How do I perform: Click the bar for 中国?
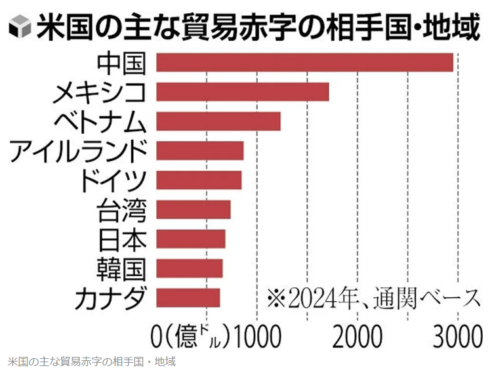point(305,62)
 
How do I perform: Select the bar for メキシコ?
point(243,92)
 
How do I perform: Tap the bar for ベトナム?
point(218,121)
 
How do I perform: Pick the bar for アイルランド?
point(200,150)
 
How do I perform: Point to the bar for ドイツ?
point(199,180)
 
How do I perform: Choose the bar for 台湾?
point(194,209)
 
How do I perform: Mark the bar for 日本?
point(191,239)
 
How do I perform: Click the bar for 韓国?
point(190,268)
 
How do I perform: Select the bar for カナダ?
point(188,297)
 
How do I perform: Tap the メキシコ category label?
point(99,92)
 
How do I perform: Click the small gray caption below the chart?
point(92,361)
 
